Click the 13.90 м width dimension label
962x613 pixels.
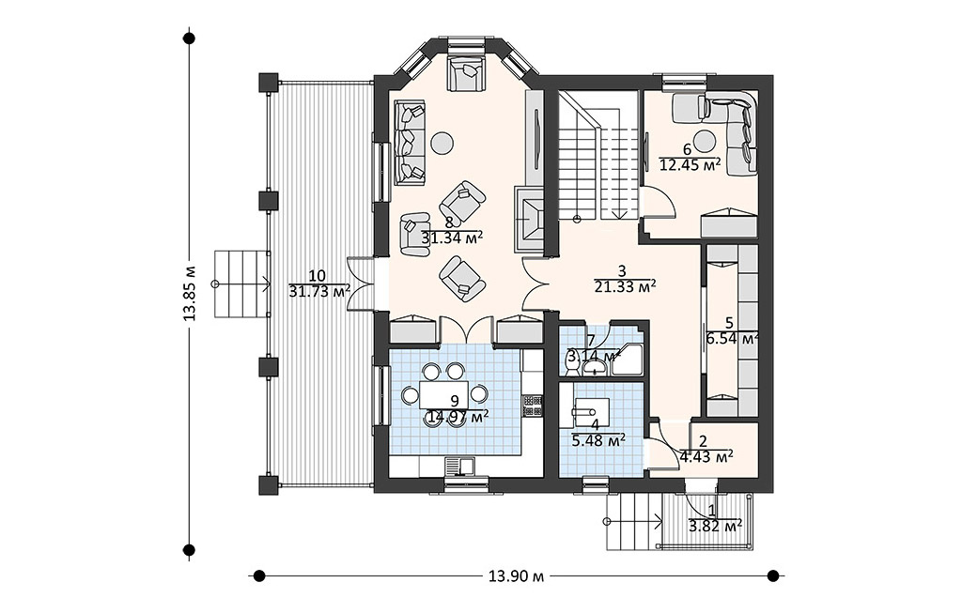click(516, 575)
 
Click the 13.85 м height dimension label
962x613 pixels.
click(190, 294)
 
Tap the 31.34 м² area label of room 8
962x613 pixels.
click(452, 238)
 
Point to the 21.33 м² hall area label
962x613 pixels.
click(625, 285)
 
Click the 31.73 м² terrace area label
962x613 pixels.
click(319, 291)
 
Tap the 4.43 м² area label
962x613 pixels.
click(706, 456)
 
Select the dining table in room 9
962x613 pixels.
click(444, 394)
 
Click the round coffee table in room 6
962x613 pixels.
click(706, 141)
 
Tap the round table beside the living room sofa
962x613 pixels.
click(442, 143)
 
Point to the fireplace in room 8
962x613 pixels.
click(530, 218)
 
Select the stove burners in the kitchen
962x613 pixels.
click(532, 406)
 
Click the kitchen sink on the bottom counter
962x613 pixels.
click(458, 466)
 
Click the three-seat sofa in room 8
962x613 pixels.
click(409, 142)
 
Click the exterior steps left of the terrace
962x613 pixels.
click(242, 284)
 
